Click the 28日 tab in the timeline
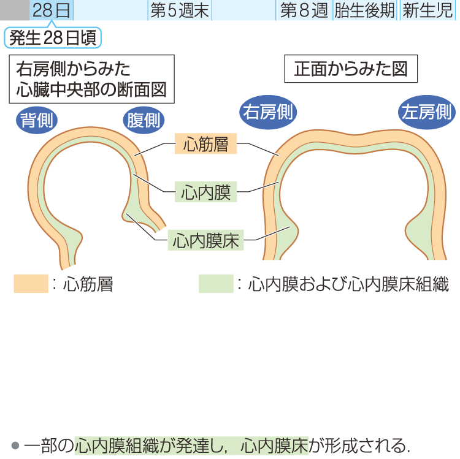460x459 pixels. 51,10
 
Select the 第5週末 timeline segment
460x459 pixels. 179,10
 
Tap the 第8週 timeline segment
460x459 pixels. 304,10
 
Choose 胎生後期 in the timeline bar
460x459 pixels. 365,10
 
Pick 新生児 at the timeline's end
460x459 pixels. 429,10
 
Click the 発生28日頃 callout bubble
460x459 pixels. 53,39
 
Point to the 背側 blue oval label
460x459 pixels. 36,119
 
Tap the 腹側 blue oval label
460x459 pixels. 143,119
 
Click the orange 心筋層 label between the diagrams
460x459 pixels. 205,144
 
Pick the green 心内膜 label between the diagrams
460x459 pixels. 205,192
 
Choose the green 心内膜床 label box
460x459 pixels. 205,240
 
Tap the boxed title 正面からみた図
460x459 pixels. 351,69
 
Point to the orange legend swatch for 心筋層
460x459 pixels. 30,284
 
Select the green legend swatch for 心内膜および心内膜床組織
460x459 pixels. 216,284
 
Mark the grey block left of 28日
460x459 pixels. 14,10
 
